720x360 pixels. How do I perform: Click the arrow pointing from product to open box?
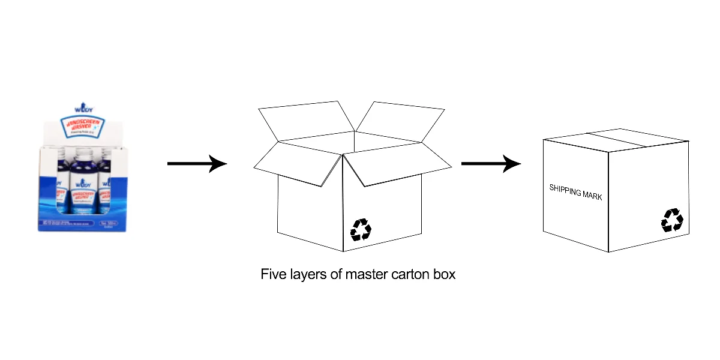coord(197,163)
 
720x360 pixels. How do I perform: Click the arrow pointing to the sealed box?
coord(490,163)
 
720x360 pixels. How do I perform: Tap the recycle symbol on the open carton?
coord(361,229)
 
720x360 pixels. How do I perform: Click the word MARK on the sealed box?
coord(592,196)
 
